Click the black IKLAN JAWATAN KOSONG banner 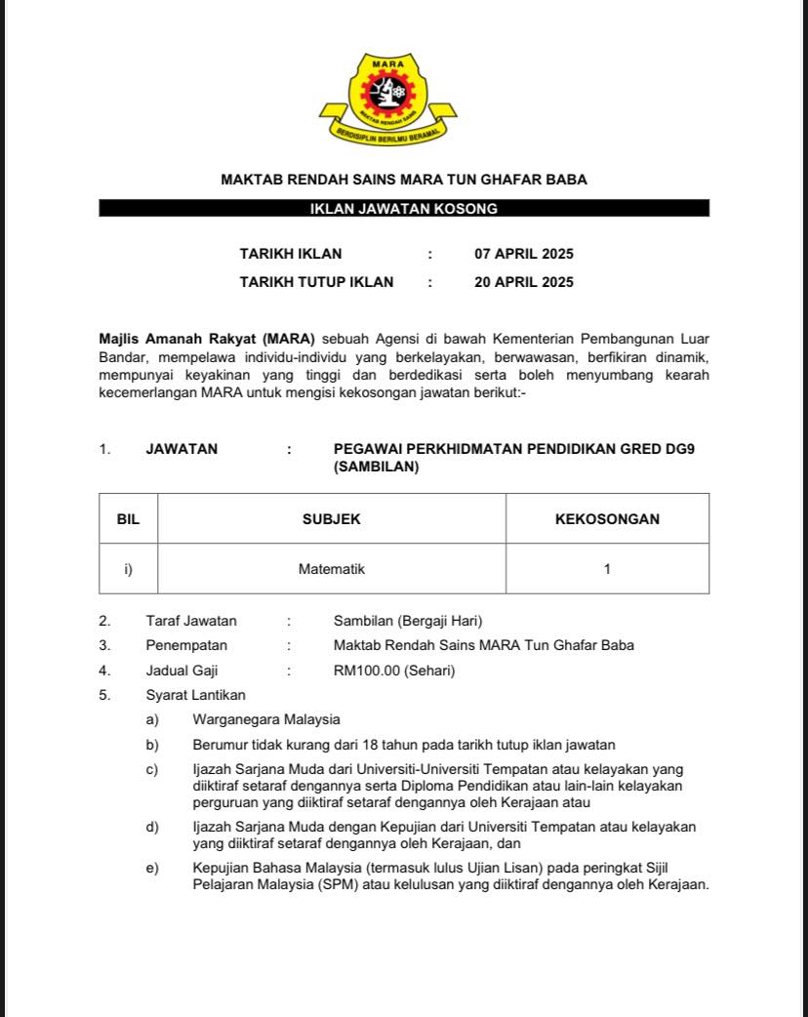tap(403, 208)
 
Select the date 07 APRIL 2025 tap(524, 254)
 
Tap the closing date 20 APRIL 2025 tap(524, 282)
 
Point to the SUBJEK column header tap(331, 519)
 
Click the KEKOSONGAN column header tap(607, 519)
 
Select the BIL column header tap(128, 519)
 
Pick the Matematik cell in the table tap(331, 569)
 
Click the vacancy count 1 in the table tap(607, 569)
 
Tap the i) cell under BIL tap(128, 569)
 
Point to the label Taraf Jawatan tap(191, 621)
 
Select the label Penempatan tap(186, 645)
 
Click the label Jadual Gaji tap(182, 671)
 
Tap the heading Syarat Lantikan tap(195, 695)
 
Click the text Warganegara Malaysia tap(266, 719)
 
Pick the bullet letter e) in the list tap(152, 868)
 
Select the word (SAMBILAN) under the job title tap(376, 467)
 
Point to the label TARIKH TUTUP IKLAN tap(316, 282)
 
